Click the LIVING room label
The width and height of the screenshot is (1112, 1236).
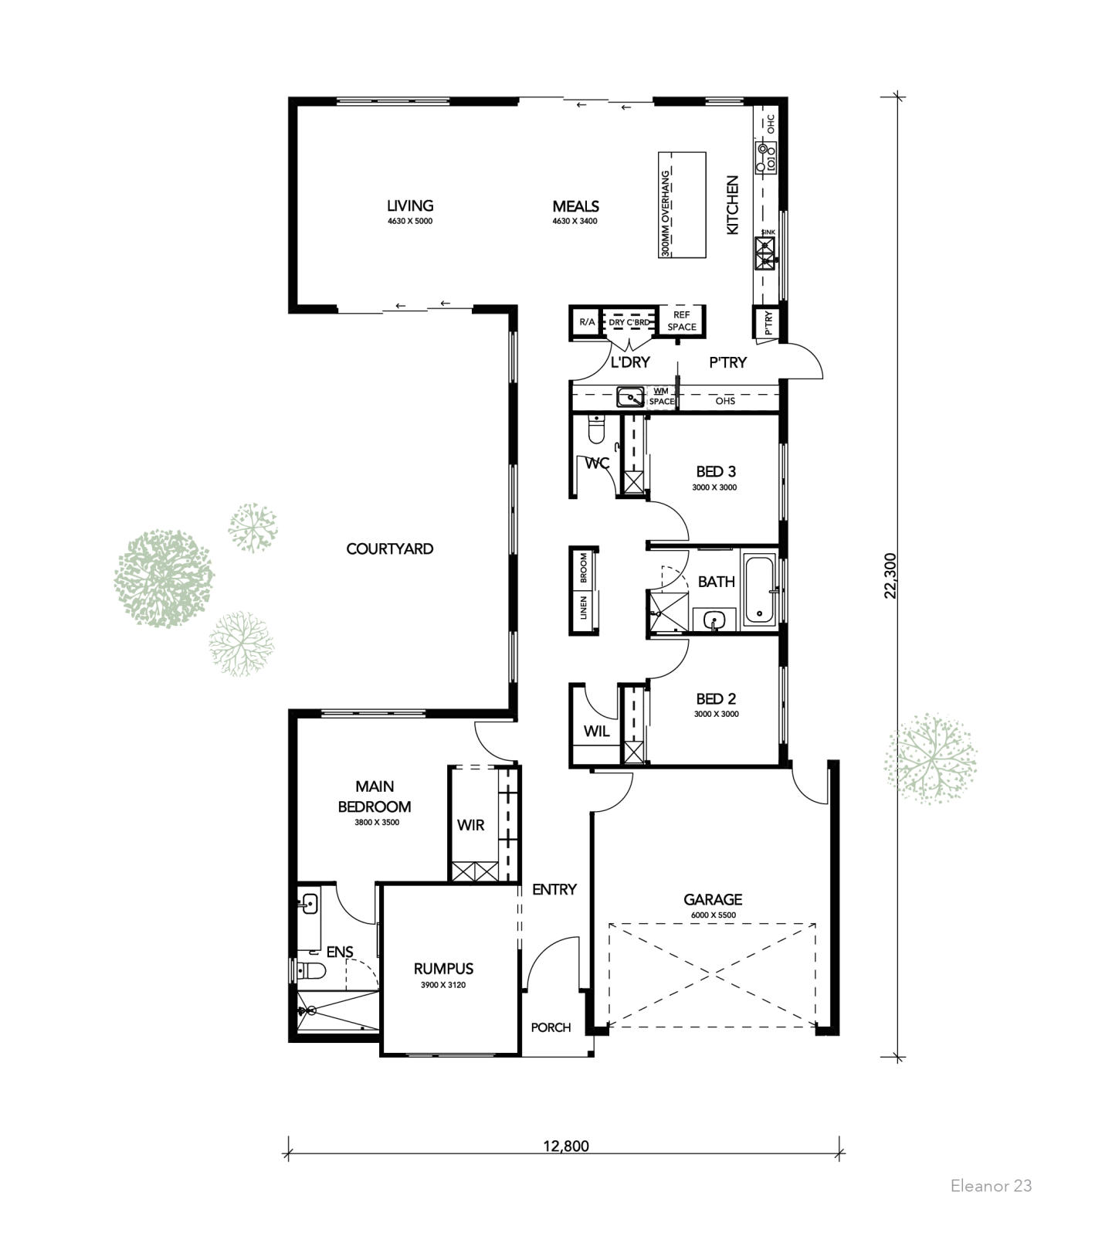(410, 205)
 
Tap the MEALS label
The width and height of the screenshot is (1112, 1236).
(575, 206)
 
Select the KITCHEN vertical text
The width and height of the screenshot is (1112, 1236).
(733, 205)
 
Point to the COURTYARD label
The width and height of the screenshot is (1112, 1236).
(390, 548)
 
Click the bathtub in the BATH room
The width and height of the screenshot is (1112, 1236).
(761, 590)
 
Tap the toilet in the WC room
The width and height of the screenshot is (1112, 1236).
(595, 430)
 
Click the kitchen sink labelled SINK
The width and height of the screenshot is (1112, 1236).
(766, 253)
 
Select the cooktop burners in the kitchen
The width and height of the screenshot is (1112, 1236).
(766, 157)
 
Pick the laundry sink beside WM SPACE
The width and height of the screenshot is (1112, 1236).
(631, 397)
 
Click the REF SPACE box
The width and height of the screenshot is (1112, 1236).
(682, 321)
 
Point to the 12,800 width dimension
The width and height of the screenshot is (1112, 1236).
(565, 1146)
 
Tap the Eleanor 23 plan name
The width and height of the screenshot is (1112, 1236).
(991, 1185)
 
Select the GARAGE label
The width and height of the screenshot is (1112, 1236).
(713, 899)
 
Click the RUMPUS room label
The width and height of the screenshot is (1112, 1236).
(443, 969)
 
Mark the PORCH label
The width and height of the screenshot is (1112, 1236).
(551, 1027)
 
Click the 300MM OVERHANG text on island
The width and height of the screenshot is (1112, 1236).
(666, 213)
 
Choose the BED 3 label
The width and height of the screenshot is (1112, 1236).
(716, 471)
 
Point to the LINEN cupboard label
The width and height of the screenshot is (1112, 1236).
(584, 607)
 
